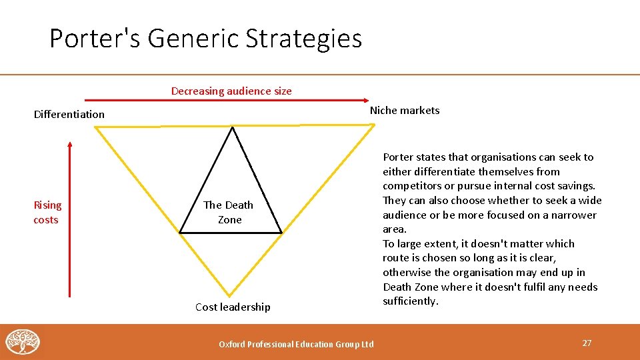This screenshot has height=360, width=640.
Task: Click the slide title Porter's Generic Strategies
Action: pos(205,39)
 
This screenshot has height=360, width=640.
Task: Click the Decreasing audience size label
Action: pos(231,91)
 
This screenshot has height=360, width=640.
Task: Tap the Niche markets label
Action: pos(405,111)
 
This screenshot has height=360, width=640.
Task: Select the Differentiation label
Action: pos(69,114)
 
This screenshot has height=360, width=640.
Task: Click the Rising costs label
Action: pos(47,212)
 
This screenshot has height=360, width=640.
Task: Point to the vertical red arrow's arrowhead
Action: pos(70,143)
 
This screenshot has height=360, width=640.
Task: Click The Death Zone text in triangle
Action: pos(229,212)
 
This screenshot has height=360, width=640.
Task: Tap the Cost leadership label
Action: pos(233,307)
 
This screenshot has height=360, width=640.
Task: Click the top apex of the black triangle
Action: pos(232,128)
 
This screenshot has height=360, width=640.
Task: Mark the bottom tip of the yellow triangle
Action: pos(230,295)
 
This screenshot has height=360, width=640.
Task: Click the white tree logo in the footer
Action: pos(23,342)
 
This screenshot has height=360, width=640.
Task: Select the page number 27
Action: pos(587,343)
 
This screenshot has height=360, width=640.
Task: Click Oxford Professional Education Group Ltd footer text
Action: pos(297,344)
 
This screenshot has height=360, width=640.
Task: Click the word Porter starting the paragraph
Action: pos(398,157)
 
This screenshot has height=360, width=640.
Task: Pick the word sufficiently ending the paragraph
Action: pos(411,301)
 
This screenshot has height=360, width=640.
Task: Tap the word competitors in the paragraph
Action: pos(409,186)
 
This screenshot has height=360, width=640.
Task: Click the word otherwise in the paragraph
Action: pos(407,272)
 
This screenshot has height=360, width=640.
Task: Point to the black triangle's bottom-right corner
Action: pos(281,232)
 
